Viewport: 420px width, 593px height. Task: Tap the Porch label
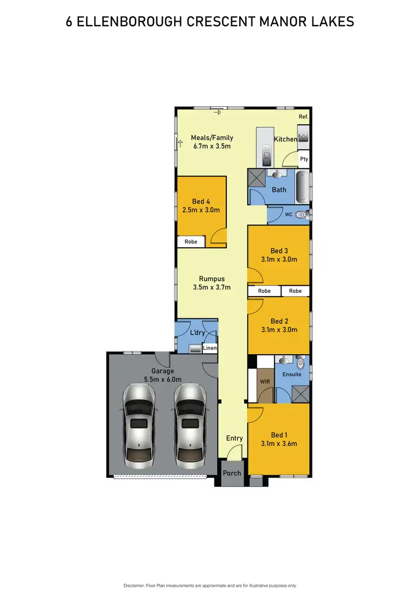(232, 473)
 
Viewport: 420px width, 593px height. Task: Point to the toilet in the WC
(301, 214)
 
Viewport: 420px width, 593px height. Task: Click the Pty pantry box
(304, 159)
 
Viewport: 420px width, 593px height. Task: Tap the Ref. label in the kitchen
(304, 116)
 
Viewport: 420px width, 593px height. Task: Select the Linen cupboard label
(210, 348)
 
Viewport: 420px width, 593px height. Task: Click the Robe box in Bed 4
(191, 242)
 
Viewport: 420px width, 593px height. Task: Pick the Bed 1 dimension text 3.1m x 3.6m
(279, 444)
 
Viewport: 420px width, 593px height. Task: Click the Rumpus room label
(212, 279)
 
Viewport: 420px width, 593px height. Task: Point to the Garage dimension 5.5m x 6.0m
(163, 379)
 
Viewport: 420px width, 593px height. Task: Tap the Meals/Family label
(212, 138)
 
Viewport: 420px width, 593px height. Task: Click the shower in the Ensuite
(301, 394)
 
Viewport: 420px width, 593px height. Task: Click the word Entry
(235, 438)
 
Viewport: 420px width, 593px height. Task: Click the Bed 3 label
(279, 250)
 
